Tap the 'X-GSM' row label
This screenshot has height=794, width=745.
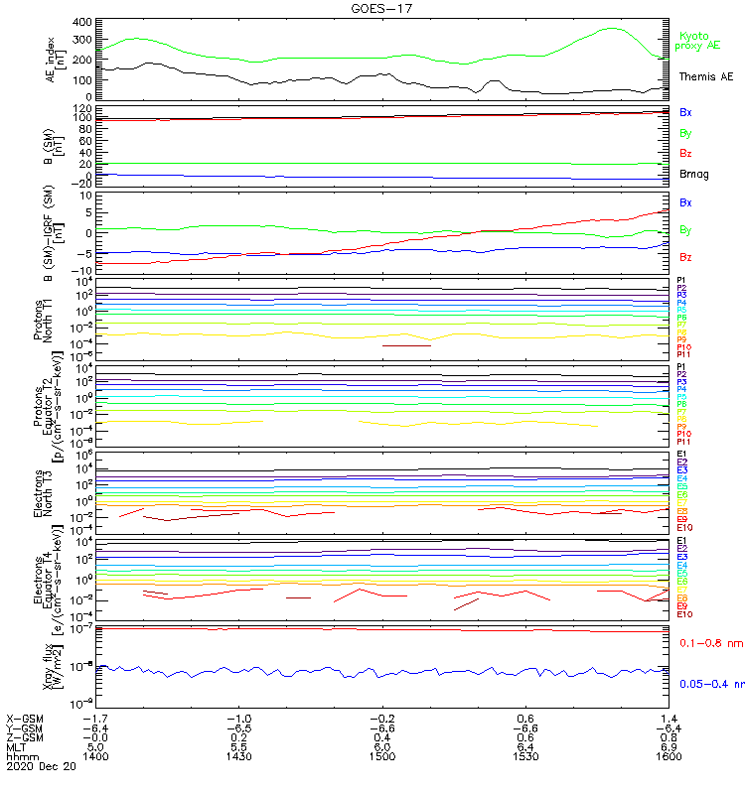(26, 717)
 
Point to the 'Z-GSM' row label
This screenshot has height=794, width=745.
(26, 736)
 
